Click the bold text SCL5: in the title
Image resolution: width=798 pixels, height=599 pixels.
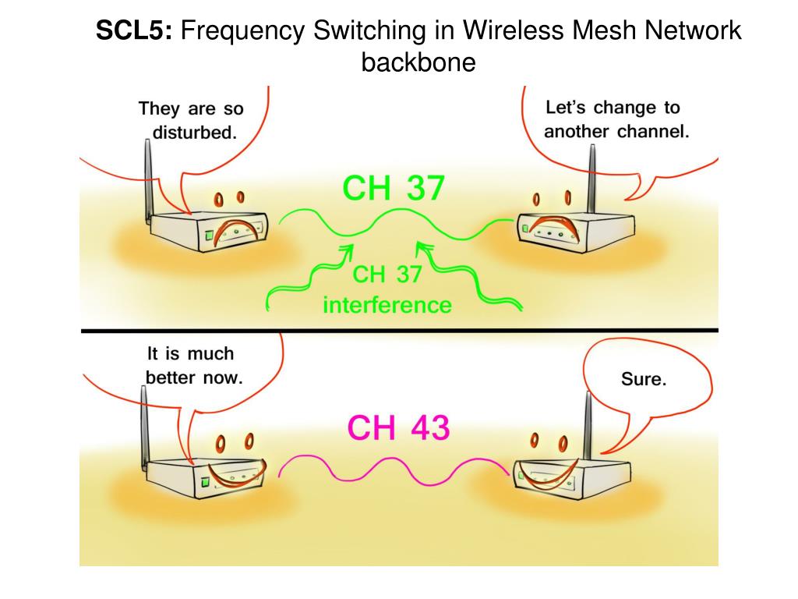pyautogui.click(x=135, y=31)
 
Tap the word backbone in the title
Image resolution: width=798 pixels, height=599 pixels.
pyautogui.click(x=418, y=62)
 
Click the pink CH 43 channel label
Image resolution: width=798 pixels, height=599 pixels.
pyautogui.click(x=398, y=428)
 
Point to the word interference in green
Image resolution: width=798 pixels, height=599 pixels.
pyautogui.click(x=387, y=304)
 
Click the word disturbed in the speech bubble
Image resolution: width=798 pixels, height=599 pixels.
pyautogui.click(x=194, y=132)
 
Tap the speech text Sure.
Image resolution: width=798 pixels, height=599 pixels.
pyautogui.click(x=644, y=380)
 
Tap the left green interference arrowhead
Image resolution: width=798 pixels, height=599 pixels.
pyautogui.click(x=345, y=251)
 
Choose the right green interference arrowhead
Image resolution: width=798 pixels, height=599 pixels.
pyautogui.click(x=422, y=248)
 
